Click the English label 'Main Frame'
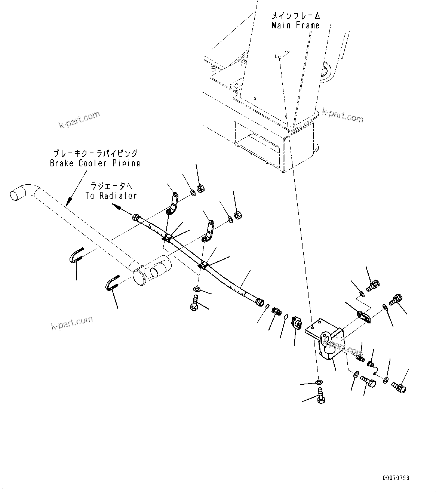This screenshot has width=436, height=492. click(x=295, y=25)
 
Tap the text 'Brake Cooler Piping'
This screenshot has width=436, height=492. click(x=95, y=163)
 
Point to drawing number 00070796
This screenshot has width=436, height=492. click(x=396, y=478)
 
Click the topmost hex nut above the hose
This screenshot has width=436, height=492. click(x=200, y=189)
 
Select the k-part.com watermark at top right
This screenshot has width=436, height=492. click(x=343, y=117)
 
